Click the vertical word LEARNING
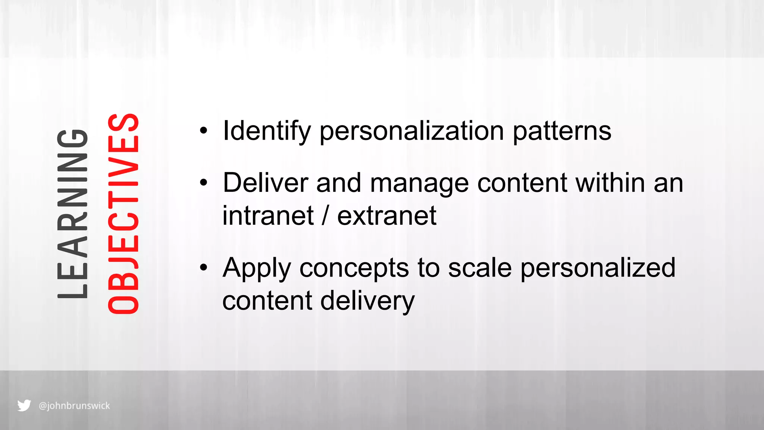click(73, 214)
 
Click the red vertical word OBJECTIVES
click(123, 214)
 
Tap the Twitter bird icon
click(24, 405)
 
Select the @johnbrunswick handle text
click(74, 406)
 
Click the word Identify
click(266, 131)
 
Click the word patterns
click(562, 131)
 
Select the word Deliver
click(265, 183)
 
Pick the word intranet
click(268, 216)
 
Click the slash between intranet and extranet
click(326, 216)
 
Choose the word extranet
click(387, 216)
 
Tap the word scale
click(480, 268)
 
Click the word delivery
click(367, 301)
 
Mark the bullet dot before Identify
click(203, 131)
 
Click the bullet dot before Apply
click(203, 268)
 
